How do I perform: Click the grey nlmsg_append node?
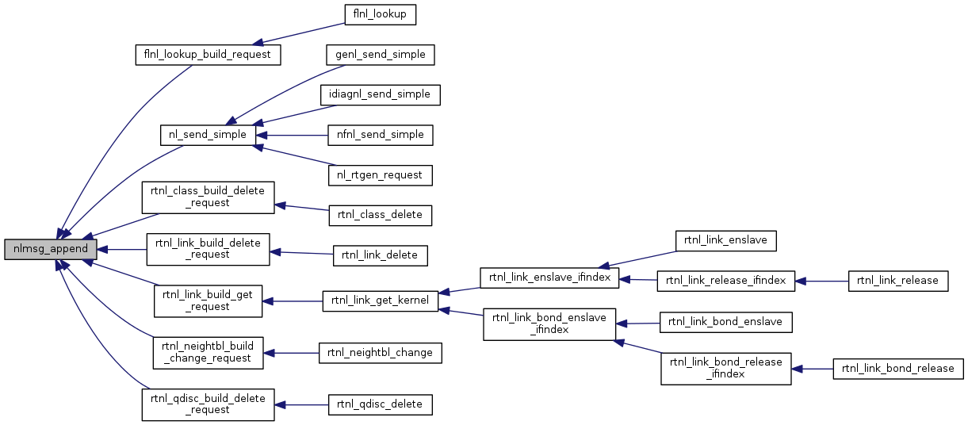tap(51, 249)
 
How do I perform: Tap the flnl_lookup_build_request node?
tap(209, 55)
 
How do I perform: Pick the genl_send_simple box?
tap(381, 55)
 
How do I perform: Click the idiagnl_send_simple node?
tap(380, 94)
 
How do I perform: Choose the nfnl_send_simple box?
tap(380, 135)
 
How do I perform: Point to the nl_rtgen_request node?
tap(380, 174)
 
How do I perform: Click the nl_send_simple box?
tap(208, 135)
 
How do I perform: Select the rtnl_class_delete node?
tap(380, 214)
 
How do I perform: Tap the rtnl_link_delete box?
tap(381, 255)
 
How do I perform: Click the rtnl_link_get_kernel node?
tap(380, 301)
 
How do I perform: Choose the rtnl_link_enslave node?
tap(725, 239)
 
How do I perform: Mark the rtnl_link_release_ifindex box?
tap(725, 281)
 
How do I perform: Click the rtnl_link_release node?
tap(897, 281)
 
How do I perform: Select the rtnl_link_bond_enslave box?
tap(725, 322)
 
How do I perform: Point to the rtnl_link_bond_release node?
tap(897, 369)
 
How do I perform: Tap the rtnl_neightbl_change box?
tap(380, 353)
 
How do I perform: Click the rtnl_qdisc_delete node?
tap(381, 404)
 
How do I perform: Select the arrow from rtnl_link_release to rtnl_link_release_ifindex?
tap(821, 281)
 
